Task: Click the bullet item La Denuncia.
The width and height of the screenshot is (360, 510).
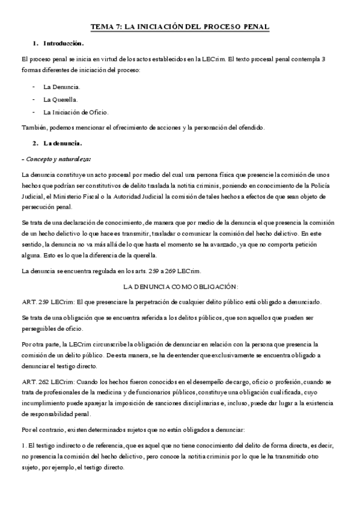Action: pos(61,87)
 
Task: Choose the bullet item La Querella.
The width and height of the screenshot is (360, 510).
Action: pos(60,99)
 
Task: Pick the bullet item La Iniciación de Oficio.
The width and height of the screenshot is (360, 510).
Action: pos(76,112)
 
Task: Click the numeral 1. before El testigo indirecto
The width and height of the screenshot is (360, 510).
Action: pos(23,446)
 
